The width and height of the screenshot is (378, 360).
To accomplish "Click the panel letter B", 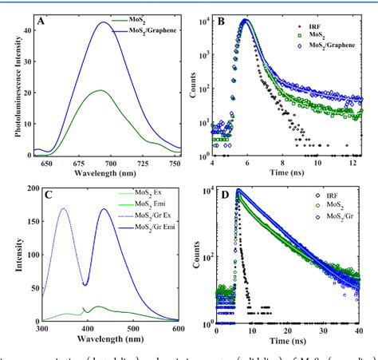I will (227, 17).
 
